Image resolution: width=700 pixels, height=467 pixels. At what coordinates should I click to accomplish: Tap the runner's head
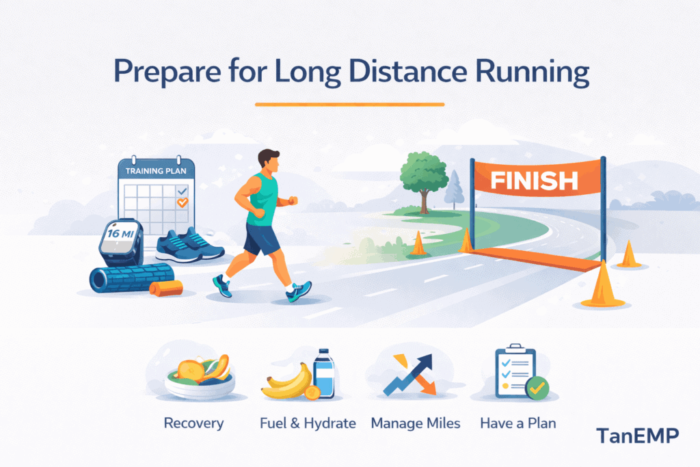[x=268, y=163]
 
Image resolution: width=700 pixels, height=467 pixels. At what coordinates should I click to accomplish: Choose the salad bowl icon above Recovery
[x=199, y=377]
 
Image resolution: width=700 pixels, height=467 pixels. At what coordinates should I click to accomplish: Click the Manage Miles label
[x=416, y=423]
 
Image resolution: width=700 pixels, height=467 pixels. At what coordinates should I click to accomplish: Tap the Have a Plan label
[x=517, y=423]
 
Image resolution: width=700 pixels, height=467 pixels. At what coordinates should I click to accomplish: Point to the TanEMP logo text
[x=637, y=436]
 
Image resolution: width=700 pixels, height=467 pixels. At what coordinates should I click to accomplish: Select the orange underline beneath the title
[x=349, y=104]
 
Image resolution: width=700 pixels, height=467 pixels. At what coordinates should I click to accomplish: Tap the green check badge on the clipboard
[x=537, y=388]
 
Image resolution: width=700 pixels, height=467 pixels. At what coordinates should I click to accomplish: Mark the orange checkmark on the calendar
[x=182, y=202]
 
